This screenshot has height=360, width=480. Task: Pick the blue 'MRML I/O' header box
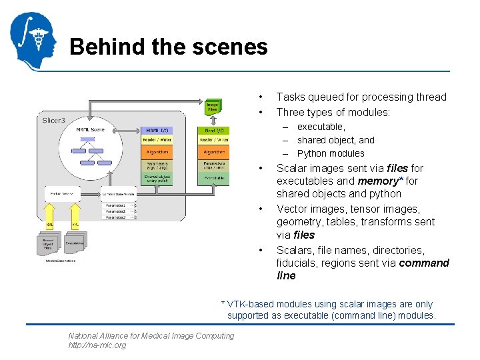click(157, 129)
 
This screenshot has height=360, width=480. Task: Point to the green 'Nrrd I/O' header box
click(213, 129)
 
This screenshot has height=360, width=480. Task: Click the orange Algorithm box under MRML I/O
click(157, 152)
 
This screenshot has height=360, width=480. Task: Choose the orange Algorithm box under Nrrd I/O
click(213, 152)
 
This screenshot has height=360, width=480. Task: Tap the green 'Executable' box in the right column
click(213, 179)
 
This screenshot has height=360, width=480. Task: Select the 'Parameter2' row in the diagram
click(117, 210)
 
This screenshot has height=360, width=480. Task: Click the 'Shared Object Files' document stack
click(49, 243)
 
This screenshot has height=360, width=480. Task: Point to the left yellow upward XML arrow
click(49, 214)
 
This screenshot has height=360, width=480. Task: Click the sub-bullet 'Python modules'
click(331, 153)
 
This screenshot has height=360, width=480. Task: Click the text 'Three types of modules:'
click(333, 112)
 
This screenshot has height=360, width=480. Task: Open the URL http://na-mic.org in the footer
click(97, 345)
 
